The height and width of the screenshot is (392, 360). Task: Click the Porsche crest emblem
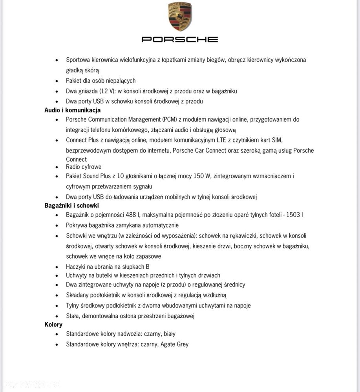pyautogui.click(x=180, y=16)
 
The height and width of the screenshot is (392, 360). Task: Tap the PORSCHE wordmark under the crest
pyautogui.click(x=179, y=39)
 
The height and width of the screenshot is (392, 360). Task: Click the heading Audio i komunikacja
pyautogui.click(x=73, y=110)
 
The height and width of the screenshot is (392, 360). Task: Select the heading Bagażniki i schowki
pyautogui.click(x=71, y=205)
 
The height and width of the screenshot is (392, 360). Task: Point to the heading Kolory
pyautogui.click(x=53, y=325)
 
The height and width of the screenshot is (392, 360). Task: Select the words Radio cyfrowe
pyautogui.click(x=84, y=167)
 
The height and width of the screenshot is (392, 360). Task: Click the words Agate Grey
pyautogui.click(x=174, y=344)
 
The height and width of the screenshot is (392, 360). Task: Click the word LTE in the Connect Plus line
pyautogui.click(x=222, y=140)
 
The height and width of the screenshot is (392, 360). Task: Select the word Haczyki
pyautogui.click(x=77, y=267)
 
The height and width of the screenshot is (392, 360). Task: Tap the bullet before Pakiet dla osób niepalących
pyautogui.click(x=57, y=81)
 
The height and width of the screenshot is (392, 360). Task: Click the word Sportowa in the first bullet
pyautogui.click(x=78, y=60)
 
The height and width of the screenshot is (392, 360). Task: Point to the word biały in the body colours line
pyautogui.click(x=170, y=334)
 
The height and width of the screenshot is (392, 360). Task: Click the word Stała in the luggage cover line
pyautogui.click(x=73, y=316)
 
